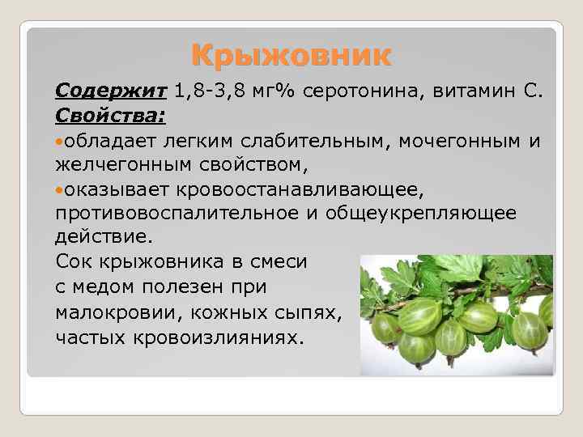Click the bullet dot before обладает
pyautogui.click(x=61, y=142)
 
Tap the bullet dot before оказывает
pyautogui.click(x=61, y=193)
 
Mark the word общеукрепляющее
pyautogui.click(x=420, y=216)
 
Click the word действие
pyautogui.click(x=103, y=240)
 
